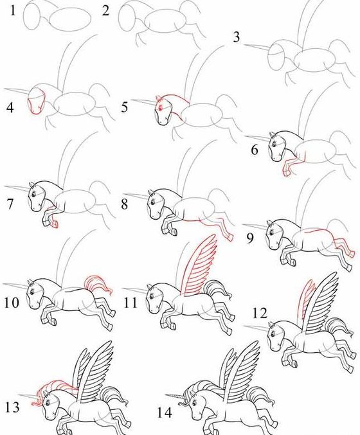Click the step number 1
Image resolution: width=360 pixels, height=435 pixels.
click(x=12, y=10)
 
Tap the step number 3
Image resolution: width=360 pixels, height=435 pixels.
click(x=236, y=37)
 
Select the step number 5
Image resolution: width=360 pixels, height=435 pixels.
click(x=125, y=107)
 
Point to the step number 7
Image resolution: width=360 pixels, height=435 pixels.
click(x=10, y=204)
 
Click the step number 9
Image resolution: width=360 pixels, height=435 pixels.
click(x=250, y=238)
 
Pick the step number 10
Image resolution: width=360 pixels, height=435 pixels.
click(x=12, y=302)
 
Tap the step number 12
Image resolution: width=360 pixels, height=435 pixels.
click(x=260, y=313)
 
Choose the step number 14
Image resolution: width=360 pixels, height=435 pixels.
click(x=165, y=413)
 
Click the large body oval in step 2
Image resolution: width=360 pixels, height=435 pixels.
click(x=165, y=21)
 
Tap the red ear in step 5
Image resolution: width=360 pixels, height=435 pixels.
click(x=159, y=100)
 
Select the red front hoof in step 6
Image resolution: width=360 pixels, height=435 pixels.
click(x=286, y=173)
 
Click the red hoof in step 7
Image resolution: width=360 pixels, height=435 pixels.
click(x=55, y=224)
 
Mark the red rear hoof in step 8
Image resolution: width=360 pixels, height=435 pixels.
click(x=230, y=237)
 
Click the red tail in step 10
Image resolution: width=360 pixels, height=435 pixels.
click(x=98, y=285)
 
